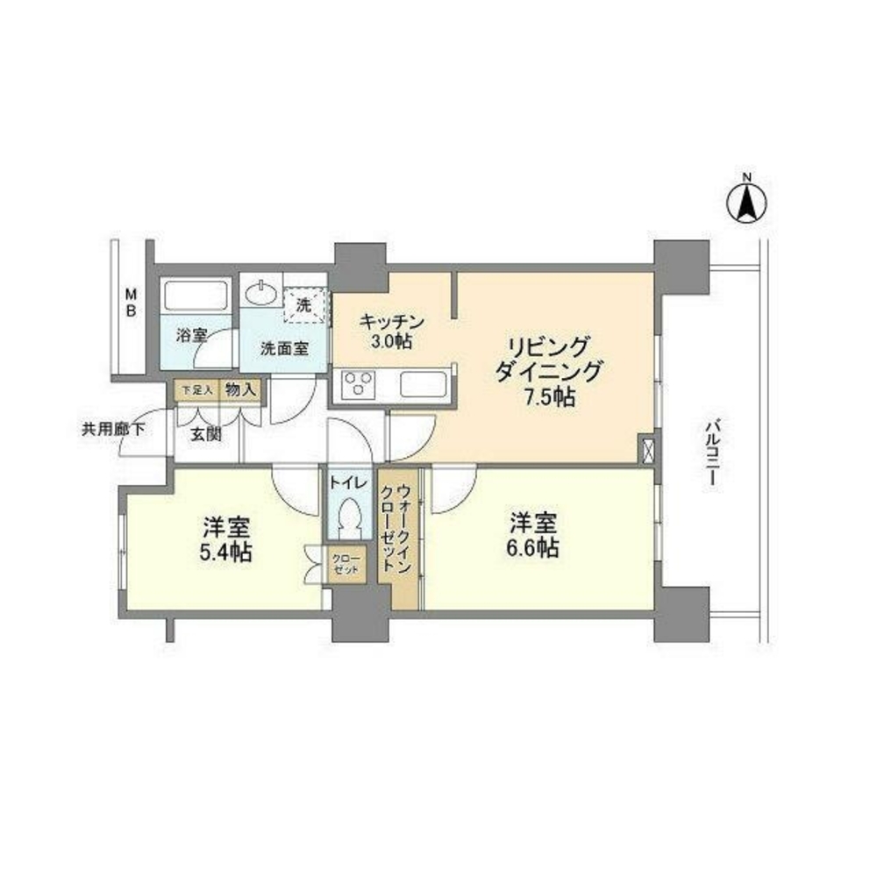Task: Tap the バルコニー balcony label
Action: tap(711, 453)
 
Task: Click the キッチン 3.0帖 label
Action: tap(392, 332)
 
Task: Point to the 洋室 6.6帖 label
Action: tap(534, 537)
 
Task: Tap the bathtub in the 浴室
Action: tap(196, 296)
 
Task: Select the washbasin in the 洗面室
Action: tap(260, 291)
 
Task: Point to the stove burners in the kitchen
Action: tap(358, 383)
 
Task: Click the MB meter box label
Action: tap(130, 302)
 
